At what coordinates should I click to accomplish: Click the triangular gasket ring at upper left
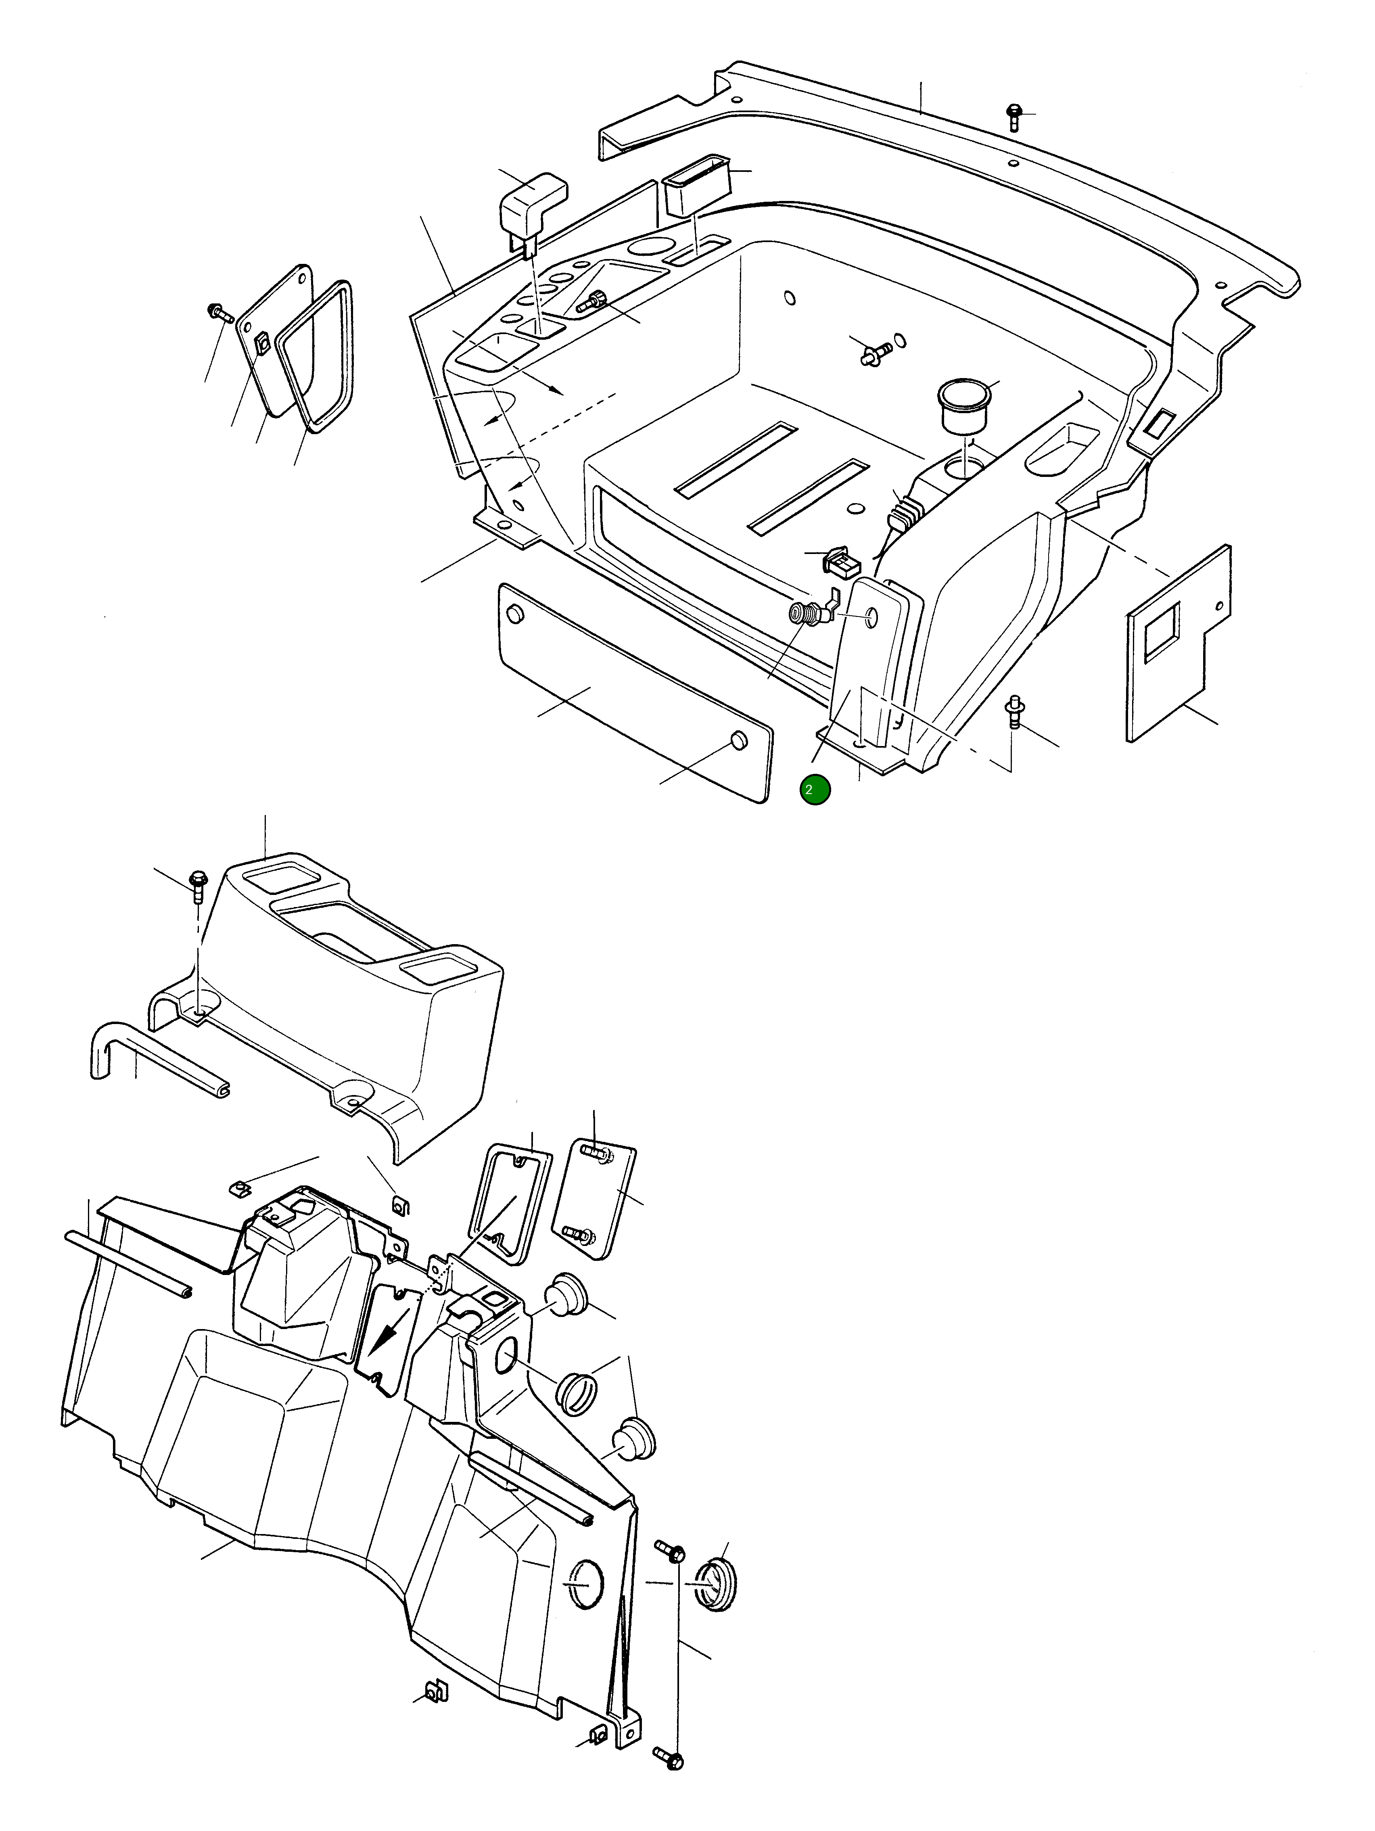tap(315, 356)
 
